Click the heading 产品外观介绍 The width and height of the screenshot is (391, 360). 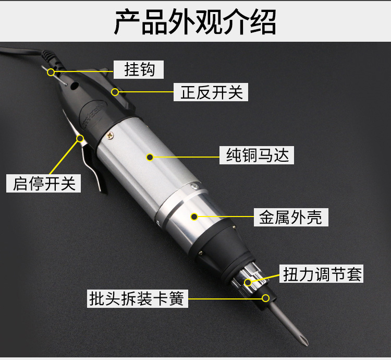click(x=195, y=21)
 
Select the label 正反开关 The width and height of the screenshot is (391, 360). click(x=212, y=93)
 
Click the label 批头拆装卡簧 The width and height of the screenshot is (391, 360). click(x=137, y=299)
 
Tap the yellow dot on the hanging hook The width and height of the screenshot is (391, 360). click(x=51, y=72)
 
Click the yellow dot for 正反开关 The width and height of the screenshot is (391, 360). click(x=115, y=92)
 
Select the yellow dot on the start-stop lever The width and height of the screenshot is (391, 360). click(x=81, y=139)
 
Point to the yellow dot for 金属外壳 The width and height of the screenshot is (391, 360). click(x=194, y=216)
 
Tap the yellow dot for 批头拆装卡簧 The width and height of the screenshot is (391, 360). click(x=266, y=298)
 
